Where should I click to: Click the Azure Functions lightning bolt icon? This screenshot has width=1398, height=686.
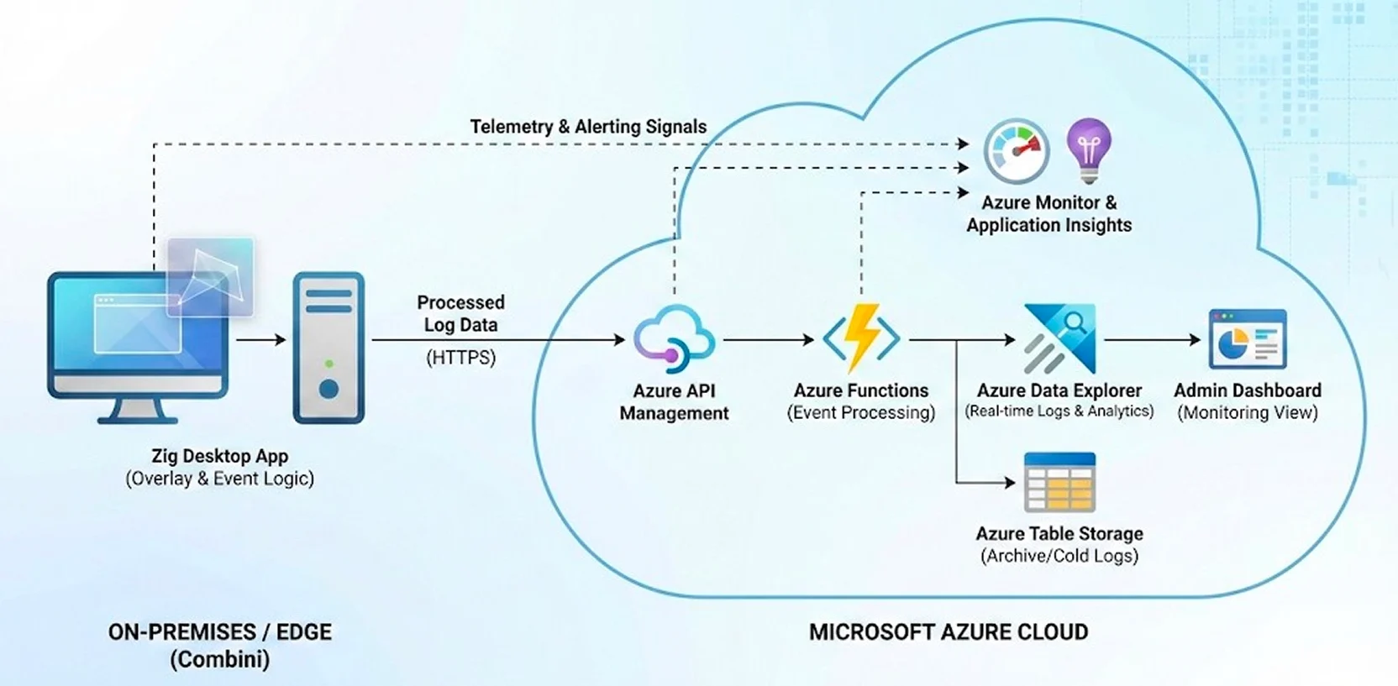861,338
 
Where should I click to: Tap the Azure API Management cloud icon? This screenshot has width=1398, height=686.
674,338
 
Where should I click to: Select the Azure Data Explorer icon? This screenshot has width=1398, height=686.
1059,338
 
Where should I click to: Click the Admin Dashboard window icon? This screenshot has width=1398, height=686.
1248,339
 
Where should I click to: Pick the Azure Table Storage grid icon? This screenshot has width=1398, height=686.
1059,482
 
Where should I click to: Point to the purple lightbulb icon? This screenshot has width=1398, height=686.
1089,149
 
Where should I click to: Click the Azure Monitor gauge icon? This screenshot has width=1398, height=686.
1017,151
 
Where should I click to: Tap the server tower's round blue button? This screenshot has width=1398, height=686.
328,390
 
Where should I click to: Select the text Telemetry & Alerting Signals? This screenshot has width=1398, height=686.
588,127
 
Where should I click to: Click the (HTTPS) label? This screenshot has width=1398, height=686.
460,358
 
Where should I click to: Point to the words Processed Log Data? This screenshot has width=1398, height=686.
460,313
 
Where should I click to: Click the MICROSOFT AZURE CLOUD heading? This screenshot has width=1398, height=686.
949,632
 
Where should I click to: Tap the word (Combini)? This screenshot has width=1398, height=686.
220,659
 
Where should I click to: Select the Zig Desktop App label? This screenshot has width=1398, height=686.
220,456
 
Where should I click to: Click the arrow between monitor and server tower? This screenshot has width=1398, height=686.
261,340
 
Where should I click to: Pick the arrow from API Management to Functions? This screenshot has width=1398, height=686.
768,340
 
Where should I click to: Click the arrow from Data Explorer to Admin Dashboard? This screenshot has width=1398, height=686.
1152,340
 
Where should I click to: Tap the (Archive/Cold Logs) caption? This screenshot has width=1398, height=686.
1059,556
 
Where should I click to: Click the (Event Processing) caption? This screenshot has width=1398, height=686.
861,412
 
